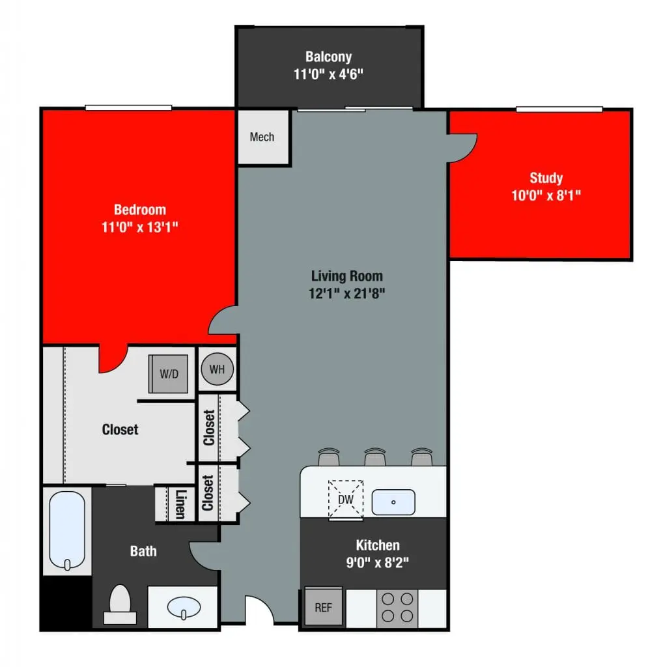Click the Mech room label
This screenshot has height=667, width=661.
click(x=262, y=137)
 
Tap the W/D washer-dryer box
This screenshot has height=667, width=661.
click(x=168, y=374)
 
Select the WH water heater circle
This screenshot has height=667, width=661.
click(x=217, y=369)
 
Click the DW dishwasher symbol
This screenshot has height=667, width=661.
click(x=345, y=499)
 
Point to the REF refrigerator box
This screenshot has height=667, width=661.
click(x=323, y=607)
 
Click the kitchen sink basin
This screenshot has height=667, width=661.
click(x=393, y=502)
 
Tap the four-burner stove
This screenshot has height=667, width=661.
click(x=397, y=607)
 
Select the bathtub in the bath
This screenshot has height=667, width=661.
click(x=67, y=531)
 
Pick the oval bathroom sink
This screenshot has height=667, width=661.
click(x=183, y=608)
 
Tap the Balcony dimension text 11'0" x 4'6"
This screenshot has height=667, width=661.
click(x=328, y=74)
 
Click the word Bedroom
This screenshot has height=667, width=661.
click(x=139, y=210)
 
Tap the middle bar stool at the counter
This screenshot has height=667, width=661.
click(x=374, y=457)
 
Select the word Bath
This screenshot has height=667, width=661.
click(x=143, y=551)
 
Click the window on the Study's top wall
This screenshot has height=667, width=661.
click(x=559, y=109)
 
